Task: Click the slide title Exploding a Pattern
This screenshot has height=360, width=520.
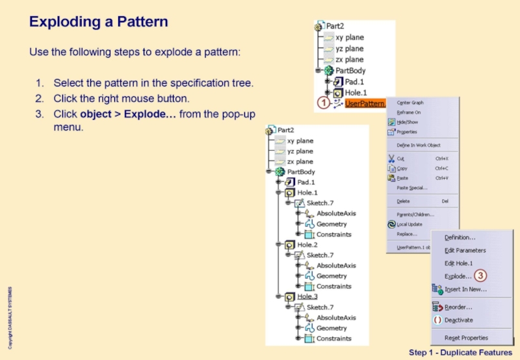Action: click(x=99, y=22)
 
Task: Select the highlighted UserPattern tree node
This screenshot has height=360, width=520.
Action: click(x=365, y=103)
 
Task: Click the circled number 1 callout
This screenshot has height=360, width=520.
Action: click(x=322, y=103)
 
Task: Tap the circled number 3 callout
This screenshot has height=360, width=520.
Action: click(x=480, y=276)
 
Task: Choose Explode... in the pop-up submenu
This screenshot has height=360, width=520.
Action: click(x=458, y=276)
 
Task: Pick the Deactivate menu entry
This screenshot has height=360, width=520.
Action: click(x=458, y=320)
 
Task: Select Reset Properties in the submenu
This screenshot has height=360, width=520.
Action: click(x=465, y=338)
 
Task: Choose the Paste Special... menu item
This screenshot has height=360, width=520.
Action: click(x=411, y=188)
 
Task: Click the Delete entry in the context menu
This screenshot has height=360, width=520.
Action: click(x=403, y=201)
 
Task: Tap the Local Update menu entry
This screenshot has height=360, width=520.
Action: click(x=409, y=224)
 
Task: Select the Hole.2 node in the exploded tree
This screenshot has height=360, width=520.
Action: click(x=307, y=245)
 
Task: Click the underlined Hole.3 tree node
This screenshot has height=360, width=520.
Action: click(x=307, y=297)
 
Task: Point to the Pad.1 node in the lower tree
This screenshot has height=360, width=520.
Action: click(x=307, y=183)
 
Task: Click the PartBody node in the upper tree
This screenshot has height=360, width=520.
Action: click(x=350, y=70)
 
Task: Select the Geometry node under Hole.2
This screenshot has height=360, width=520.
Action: click(x=331, y=276)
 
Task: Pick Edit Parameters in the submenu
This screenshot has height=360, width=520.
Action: click(x=465, y=250)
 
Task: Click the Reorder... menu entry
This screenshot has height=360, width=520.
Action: click(x=458, y=307)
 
